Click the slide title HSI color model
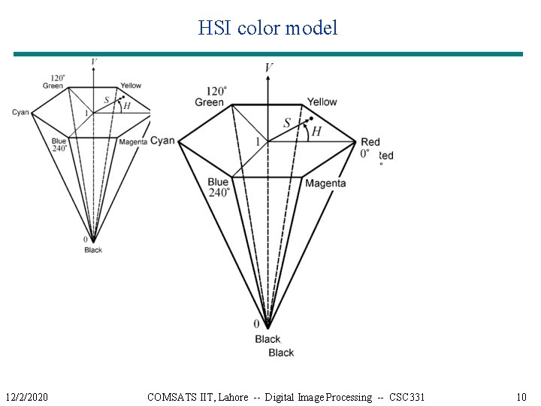(x=268, y=29)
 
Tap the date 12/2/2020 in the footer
(x=26, y=396)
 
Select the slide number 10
(x=521, y=396)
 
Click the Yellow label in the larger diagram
(x=322, y=101)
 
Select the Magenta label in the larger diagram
(x=325, y=183)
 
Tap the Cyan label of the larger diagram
(x=162, y=141)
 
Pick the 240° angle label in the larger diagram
(x=219, y=192)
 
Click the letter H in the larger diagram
(x=316, y=132)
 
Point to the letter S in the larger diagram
(x=287, y=123)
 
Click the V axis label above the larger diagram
(x=269, y=68)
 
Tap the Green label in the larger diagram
(x=209, y=101)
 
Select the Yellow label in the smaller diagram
(x=131, y=86)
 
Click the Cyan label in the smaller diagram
(x=20, y=113)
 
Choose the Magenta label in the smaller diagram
(x=133, y=141)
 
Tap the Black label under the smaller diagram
(x=93, y=250)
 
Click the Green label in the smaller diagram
(x=53, y=86)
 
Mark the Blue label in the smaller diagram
(x=59, y=141)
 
